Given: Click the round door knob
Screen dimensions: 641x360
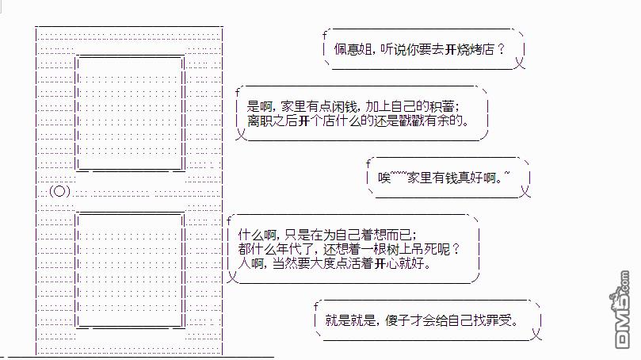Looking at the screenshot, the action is (59, 191).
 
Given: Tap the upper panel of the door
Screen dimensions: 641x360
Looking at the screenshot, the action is (130, 113).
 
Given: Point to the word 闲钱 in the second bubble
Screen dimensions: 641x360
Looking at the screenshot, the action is (341, 106).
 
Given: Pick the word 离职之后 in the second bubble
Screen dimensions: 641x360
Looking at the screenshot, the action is (273, 121).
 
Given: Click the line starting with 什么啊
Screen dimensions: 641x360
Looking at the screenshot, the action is (326, 234).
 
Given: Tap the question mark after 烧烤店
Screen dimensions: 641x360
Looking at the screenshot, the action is (502, 49).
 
